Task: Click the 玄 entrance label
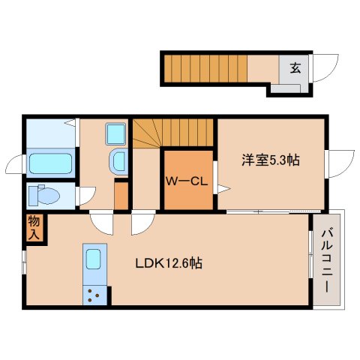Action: click(295, 68)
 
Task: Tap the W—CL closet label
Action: click(187, 181)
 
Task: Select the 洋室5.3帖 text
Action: click(271, 160)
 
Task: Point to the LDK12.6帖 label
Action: click(169, 263)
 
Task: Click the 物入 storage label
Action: click(34, 228)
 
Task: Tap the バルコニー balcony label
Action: click(327, 261)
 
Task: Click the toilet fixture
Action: click(44, 194)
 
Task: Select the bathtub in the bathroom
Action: click(51, 163)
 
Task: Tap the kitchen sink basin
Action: click(93, 259)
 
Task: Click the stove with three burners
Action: click(94, 295)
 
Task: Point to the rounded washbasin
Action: click(118, 161)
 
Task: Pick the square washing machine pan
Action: click(115, 134)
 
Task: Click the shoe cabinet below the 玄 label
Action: click(286, 88)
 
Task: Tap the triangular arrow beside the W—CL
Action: click(223, 189)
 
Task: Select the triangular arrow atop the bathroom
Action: click(70, 123)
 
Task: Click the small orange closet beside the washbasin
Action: click(121, 196)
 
